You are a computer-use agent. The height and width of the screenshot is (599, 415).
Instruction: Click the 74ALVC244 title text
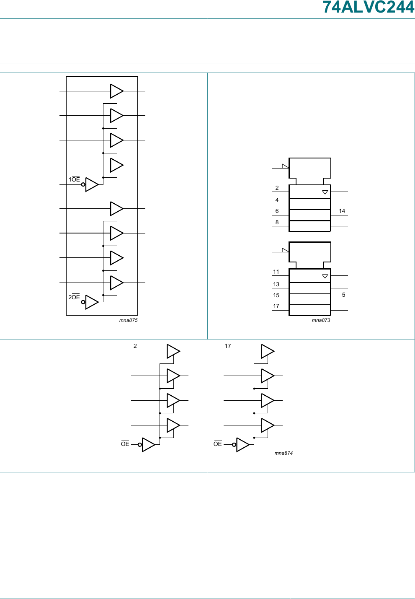[368, 8]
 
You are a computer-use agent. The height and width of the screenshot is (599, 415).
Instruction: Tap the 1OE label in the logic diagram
[74, 179]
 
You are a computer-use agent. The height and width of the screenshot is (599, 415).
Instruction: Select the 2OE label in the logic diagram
[74, 297]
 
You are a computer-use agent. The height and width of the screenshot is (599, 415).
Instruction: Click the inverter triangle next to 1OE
[91, 184]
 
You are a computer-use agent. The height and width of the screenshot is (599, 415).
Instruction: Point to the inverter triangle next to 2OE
[91, 302]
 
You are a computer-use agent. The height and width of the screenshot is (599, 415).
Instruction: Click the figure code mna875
[128, 320]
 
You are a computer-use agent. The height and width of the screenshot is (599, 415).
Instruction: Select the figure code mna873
[321, 320]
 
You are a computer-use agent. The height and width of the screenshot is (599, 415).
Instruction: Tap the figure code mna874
[284, 453]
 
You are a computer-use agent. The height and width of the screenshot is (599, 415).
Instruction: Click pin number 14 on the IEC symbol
[342, 211]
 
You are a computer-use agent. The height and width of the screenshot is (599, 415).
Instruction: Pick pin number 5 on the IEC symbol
[343, 295]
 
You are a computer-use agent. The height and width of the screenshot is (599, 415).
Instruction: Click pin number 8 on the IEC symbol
[277, 222]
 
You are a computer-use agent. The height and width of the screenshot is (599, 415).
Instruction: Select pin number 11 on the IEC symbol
[276, 272]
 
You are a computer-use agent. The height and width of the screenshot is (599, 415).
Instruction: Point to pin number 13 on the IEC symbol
[276, 284]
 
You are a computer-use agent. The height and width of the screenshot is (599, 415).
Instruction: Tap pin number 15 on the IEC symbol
[276, 295]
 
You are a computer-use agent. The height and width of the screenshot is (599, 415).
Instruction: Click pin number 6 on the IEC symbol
[277, 211]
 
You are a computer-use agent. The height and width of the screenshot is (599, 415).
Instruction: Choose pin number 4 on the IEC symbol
[277, 200]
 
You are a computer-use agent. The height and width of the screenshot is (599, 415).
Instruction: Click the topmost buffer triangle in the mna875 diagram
[116, 91]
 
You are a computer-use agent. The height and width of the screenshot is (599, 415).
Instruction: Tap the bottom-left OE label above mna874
[125, 444]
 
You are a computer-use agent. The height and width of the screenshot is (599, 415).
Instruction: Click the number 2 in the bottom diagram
[135, 346]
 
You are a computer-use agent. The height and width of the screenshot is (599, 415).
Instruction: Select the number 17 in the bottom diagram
[228, 346]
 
